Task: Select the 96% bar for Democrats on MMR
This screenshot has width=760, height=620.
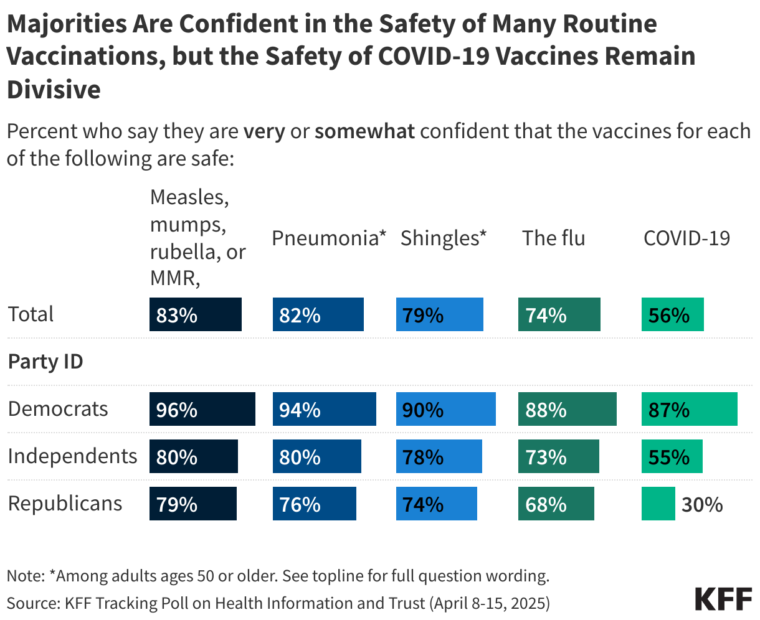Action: click(202, 409)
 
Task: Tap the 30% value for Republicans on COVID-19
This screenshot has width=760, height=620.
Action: click(702, 504)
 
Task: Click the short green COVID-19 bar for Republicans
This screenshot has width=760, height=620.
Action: click(658, 504)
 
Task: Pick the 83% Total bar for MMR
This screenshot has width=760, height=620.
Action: click(195, 314)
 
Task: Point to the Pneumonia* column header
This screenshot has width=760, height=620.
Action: click(329, 238)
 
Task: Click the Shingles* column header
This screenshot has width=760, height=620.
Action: click(443, 238)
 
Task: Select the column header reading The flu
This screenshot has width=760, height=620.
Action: click(553, 238)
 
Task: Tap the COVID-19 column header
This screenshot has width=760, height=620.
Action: click(686, 238)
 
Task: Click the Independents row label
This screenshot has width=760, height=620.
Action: click(72, 456)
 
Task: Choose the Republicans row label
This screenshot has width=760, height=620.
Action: click(65, 504)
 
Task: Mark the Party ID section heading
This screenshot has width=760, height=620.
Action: click(45, 362)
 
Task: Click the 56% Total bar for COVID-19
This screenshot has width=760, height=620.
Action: click(672, 314)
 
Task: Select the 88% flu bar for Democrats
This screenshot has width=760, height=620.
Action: click(567, 409)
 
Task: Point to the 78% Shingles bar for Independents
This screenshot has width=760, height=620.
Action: click(439, 456)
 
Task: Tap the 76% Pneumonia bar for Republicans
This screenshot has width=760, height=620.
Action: click(314, 504)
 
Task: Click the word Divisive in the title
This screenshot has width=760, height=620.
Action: click(54, 90)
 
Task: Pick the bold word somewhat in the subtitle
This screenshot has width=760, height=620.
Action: click(364, 132)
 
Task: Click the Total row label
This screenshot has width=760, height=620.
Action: click(31, 314)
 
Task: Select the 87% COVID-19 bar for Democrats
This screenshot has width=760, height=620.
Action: click(689, 409)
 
